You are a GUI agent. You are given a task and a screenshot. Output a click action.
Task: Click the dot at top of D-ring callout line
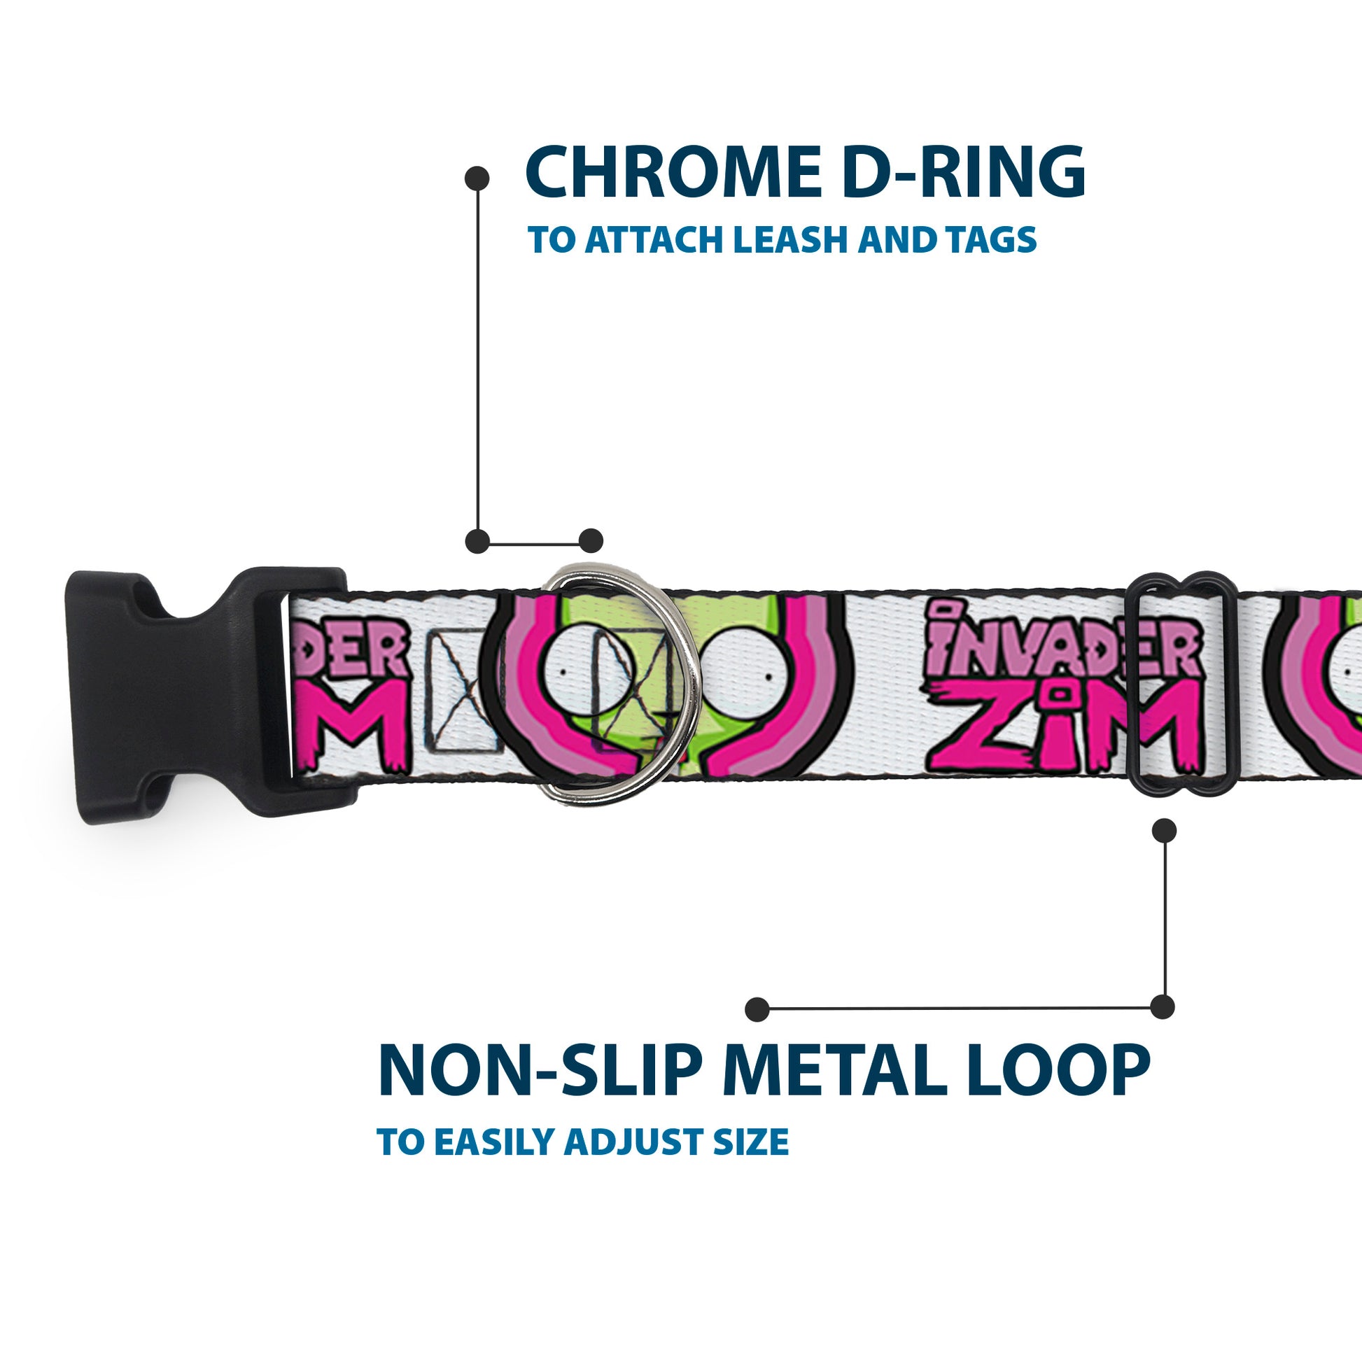tap(477, 178)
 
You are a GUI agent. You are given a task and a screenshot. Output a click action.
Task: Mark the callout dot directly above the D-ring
tap(591, 541)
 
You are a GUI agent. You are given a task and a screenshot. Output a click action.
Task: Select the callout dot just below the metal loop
tap(1164, 830)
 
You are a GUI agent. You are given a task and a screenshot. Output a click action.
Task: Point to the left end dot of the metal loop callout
tap(757, 1009)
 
